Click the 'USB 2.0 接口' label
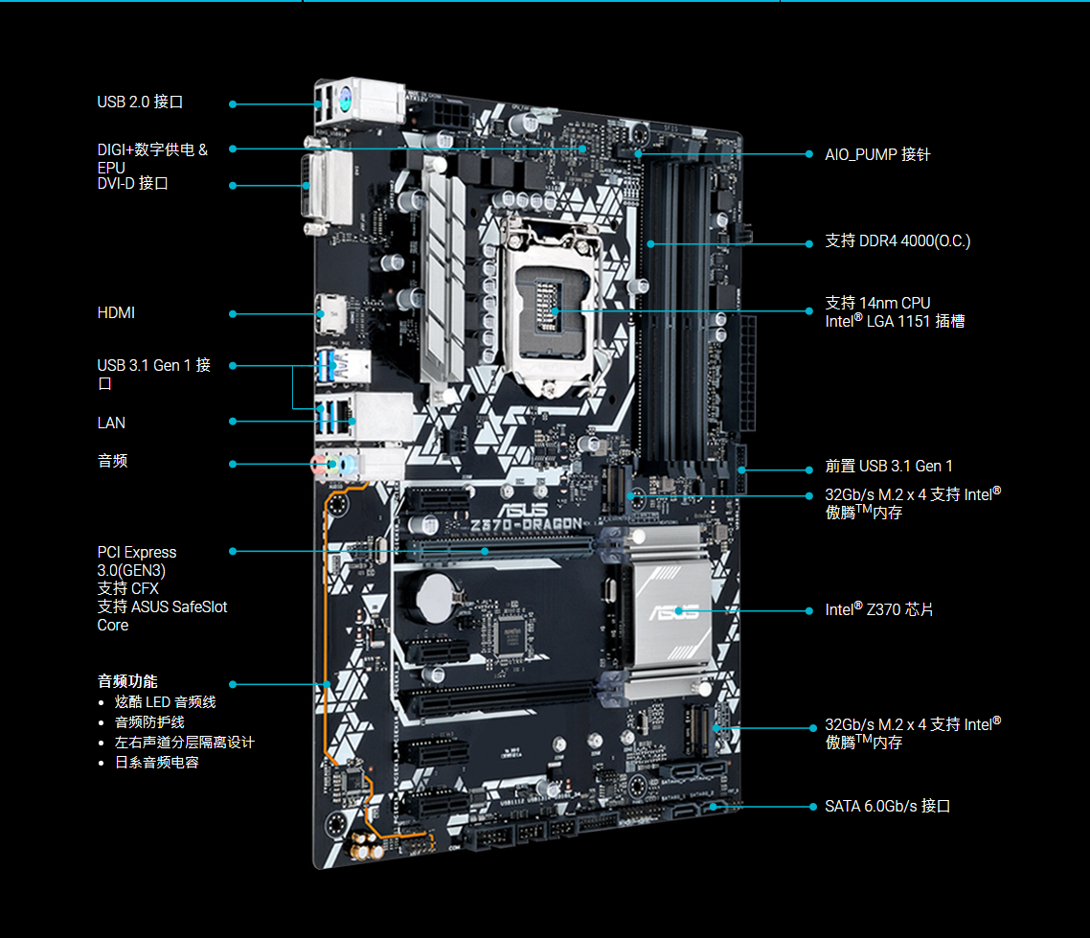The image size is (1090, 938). coord(140,103)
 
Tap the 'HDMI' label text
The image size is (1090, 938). coord(116,313)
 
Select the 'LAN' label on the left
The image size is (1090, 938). coord(111,423)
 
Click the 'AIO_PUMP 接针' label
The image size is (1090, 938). coord(877,154)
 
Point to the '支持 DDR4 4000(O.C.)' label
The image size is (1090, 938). coord(897,241)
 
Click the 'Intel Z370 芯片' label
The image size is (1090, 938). coord(878,609)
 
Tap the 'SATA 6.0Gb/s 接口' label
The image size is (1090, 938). coord(887,807)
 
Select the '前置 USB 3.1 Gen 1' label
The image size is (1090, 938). coord(889,466)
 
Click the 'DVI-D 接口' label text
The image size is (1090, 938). coord(133,184)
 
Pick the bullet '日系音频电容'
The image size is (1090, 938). coord(156,763)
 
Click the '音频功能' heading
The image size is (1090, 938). coord(127,681)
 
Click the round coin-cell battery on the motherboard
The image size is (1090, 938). coord(436,597)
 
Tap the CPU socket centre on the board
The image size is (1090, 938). coord(550,305)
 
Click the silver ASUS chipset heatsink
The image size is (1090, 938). coord(670,608)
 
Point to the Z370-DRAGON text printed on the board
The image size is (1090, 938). coord(526,524)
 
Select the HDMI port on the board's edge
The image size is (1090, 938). coord(330,313)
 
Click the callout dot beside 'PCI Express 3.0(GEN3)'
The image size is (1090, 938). coord(233,551)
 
